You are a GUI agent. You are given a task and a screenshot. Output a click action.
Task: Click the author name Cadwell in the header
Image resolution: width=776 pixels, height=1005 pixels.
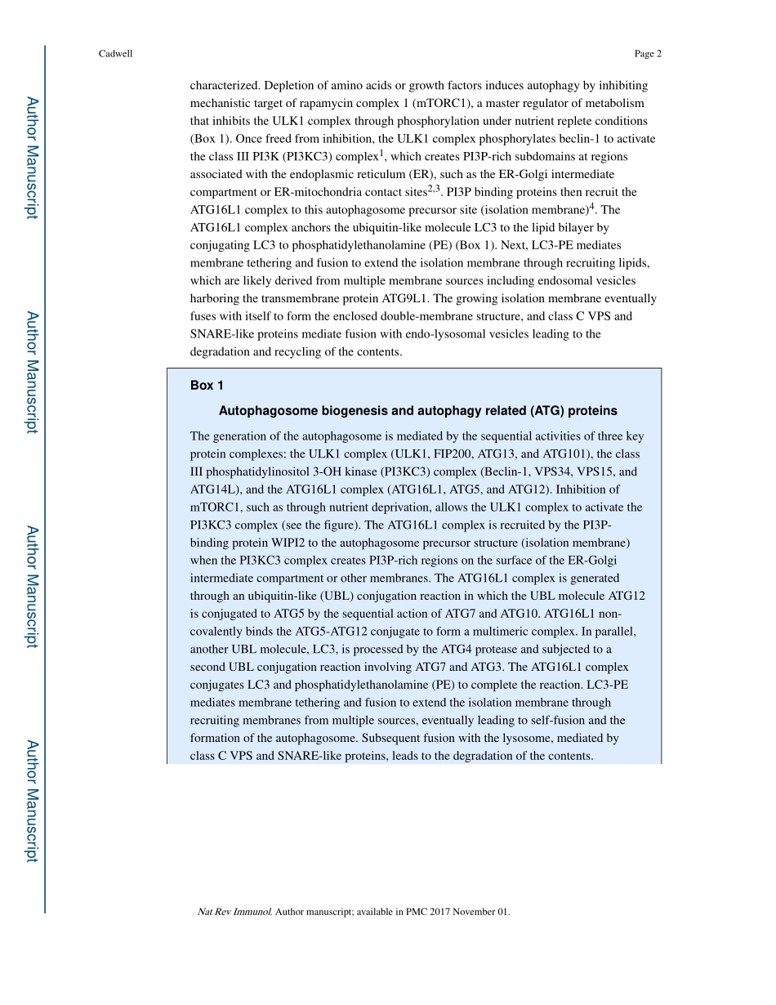[114, 54]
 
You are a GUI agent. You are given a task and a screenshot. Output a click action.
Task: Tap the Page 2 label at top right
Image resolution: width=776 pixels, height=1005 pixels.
[647, 54]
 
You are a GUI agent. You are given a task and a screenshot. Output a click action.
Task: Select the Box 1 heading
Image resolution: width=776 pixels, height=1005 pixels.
[207, 386]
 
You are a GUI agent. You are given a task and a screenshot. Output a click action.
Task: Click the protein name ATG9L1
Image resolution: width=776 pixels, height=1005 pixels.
[406, 298]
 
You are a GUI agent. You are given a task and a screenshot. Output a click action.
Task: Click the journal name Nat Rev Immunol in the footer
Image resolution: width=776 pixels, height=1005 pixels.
[234, 912]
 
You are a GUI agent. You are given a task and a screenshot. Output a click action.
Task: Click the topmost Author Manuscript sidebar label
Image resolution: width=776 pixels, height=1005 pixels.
[31, 158]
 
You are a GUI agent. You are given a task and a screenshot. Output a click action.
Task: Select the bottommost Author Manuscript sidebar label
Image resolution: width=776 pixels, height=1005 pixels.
[31, 801]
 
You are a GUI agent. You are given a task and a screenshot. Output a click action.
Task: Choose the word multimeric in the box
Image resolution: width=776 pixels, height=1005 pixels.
[522, 632]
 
